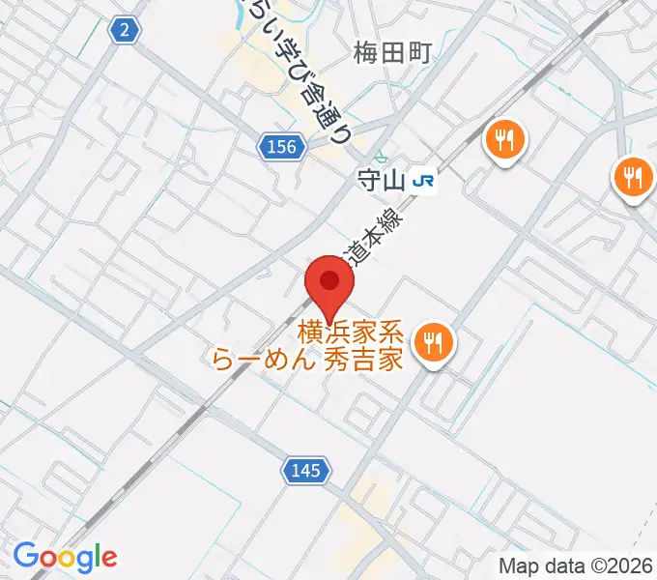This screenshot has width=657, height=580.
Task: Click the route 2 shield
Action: pos(125,32)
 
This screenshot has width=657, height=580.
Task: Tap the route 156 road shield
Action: pos(278,146)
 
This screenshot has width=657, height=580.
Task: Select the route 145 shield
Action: pos(308,471)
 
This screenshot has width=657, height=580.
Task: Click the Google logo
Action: pos(65,557)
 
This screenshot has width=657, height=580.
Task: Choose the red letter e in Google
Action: pos(108,559)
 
